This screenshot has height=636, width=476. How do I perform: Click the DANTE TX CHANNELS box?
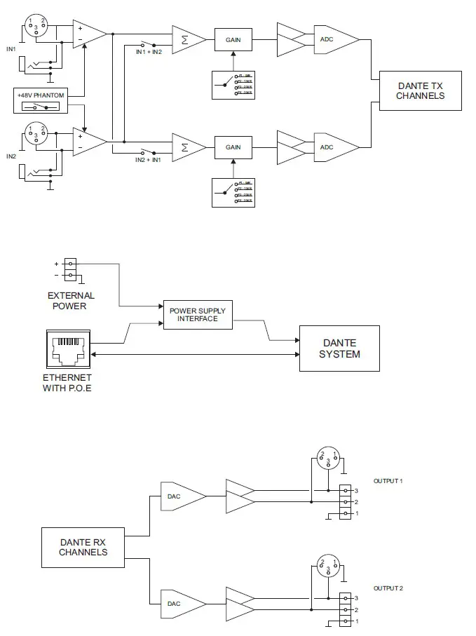point(420,90)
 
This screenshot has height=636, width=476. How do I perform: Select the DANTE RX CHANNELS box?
point(83,547)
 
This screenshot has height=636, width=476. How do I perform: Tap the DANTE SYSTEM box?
point(339,349)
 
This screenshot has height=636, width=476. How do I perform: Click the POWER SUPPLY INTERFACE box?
point(198,315)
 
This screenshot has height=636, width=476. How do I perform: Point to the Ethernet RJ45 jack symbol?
point(69,349)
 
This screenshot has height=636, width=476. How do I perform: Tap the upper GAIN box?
point(233,40)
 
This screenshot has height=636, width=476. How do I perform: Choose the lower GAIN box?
point(233,147)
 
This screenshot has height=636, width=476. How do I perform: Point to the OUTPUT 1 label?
point(388,481)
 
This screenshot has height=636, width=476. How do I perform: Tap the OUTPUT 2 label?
point(388,588)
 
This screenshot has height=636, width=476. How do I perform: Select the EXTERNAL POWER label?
point(71,301)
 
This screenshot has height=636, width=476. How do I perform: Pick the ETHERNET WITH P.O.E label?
point(67,383)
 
